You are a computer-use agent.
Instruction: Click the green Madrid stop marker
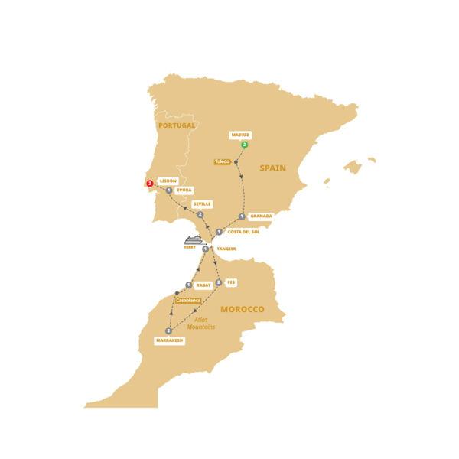(244, 145)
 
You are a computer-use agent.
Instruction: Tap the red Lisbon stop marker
(150, 183)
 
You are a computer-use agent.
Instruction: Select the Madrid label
(239, 135)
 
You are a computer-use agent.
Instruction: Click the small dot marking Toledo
(236, 162)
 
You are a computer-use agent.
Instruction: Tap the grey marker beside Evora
(168, 190)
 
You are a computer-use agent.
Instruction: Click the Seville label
(202, 204)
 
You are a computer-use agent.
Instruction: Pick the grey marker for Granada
(242, 216)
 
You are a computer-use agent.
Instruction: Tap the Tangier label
(226, 249)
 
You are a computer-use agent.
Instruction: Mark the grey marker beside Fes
(219, 282)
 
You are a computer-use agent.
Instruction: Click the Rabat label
(203, 285)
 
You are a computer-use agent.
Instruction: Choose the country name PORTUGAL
(176, 125)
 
